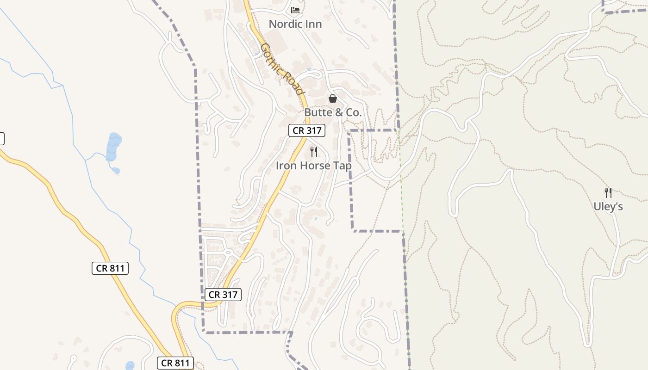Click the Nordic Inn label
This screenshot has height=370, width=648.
tap(295, 24)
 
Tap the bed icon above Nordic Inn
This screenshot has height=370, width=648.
tap(295, 10)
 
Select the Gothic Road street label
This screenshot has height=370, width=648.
tap(281, 68)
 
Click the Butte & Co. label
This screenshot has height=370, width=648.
tap(333, 112)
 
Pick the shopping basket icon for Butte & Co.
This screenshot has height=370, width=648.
tap(332, 99)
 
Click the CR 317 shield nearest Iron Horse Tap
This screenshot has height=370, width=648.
tap(307, 131)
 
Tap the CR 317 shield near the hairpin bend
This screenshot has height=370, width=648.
tap(223, 295)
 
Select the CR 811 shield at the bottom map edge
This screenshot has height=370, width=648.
tap(175, 363)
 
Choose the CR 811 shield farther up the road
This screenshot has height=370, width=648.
tap(110, 268)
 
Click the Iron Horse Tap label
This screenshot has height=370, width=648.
tap(313, 166)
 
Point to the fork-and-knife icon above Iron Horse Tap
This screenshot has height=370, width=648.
tap(314, 152)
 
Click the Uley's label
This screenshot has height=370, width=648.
tap(608, 207)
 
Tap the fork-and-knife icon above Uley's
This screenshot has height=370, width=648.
tap(608, 192)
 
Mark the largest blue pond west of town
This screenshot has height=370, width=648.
tap(113, 147)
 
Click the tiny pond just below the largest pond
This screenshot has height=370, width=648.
tap(116, 171)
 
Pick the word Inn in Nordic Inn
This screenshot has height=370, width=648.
tap(313, 24)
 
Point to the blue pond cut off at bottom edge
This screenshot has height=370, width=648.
tap(130, 366)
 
